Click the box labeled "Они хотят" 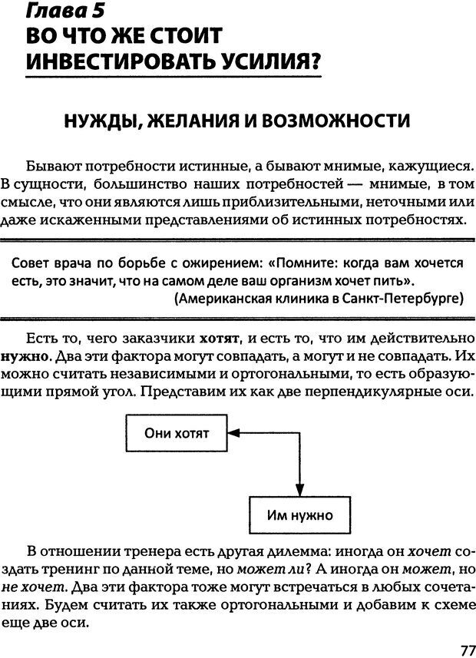coord(177,433)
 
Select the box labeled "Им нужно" coord(299,515)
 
